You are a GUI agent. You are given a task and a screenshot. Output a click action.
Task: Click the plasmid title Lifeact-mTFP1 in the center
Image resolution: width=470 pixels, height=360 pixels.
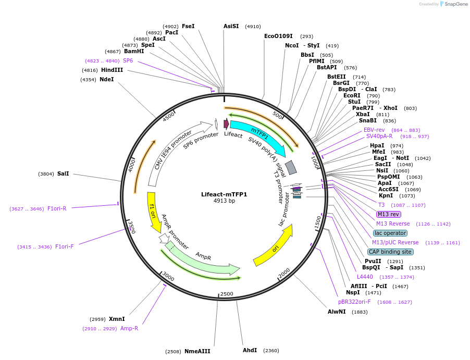coord(224,194)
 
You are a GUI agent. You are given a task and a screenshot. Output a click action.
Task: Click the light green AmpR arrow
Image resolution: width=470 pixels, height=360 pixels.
coord(203,258)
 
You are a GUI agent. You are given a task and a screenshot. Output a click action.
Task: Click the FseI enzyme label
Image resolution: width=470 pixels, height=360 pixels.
coord(188,26)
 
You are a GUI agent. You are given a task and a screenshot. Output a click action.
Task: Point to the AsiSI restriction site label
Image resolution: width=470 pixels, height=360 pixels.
coord(231,26)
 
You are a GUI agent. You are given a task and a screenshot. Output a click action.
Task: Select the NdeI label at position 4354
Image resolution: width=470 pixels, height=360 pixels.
coord(106,79)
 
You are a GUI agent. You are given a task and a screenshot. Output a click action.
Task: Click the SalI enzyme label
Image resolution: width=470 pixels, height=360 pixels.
coord(63,173)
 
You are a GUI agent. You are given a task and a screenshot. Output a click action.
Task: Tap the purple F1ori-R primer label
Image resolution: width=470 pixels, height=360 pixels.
coord(57,208)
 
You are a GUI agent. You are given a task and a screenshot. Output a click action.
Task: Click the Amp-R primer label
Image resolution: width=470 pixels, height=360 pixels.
coord(129,328)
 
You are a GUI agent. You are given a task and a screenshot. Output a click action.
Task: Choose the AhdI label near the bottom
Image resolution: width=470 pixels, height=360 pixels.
coord(250,350)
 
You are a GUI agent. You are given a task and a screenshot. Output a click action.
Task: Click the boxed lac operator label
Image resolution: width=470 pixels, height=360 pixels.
coord(390,233)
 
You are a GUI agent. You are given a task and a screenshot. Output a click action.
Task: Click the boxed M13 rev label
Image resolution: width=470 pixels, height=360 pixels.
coord(389,214)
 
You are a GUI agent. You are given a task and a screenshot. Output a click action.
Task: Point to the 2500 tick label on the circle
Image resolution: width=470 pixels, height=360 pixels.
coord(227,294)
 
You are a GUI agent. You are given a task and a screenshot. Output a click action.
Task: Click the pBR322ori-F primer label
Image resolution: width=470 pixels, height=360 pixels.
coord(354,302)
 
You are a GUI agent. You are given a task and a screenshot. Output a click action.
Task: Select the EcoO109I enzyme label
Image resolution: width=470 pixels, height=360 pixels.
coord(278,36)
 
